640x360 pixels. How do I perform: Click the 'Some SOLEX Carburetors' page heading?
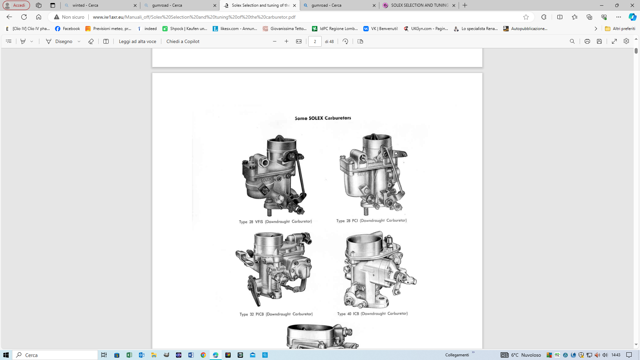point(323,118)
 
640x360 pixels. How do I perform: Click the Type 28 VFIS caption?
point(275,222)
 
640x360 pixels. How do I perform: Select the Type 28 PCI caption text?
point(371,221)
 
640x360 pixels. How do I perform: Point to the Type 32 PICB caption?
point(276,314)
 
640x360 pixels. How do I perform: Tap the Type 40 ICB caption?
point(372,314)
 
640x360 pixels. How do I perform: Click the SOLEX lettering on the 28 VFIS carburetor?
point(266,180)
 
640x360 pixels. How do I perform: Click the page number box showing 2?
point(315,41)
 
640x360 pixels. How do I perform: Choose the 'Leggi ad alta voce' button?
point(137,41)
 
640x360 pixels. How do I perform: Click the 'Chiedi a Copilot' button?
point(183,41)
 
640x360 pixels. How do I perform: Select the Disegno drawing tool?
point(59,41)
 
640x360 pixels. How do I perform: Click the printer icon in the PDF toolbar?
point(587,41)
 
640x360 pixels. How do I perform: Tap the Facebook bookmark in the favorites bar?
point(68,29)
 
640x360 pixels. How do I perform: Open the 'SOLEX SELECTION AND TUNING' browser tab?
point(419,5)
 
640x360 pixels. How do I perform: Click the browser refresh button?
point(24,17)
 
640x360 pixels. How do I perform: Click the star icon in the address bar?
point(526,17)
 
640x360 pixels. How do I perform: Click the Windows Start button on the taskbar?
point(6,355)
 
